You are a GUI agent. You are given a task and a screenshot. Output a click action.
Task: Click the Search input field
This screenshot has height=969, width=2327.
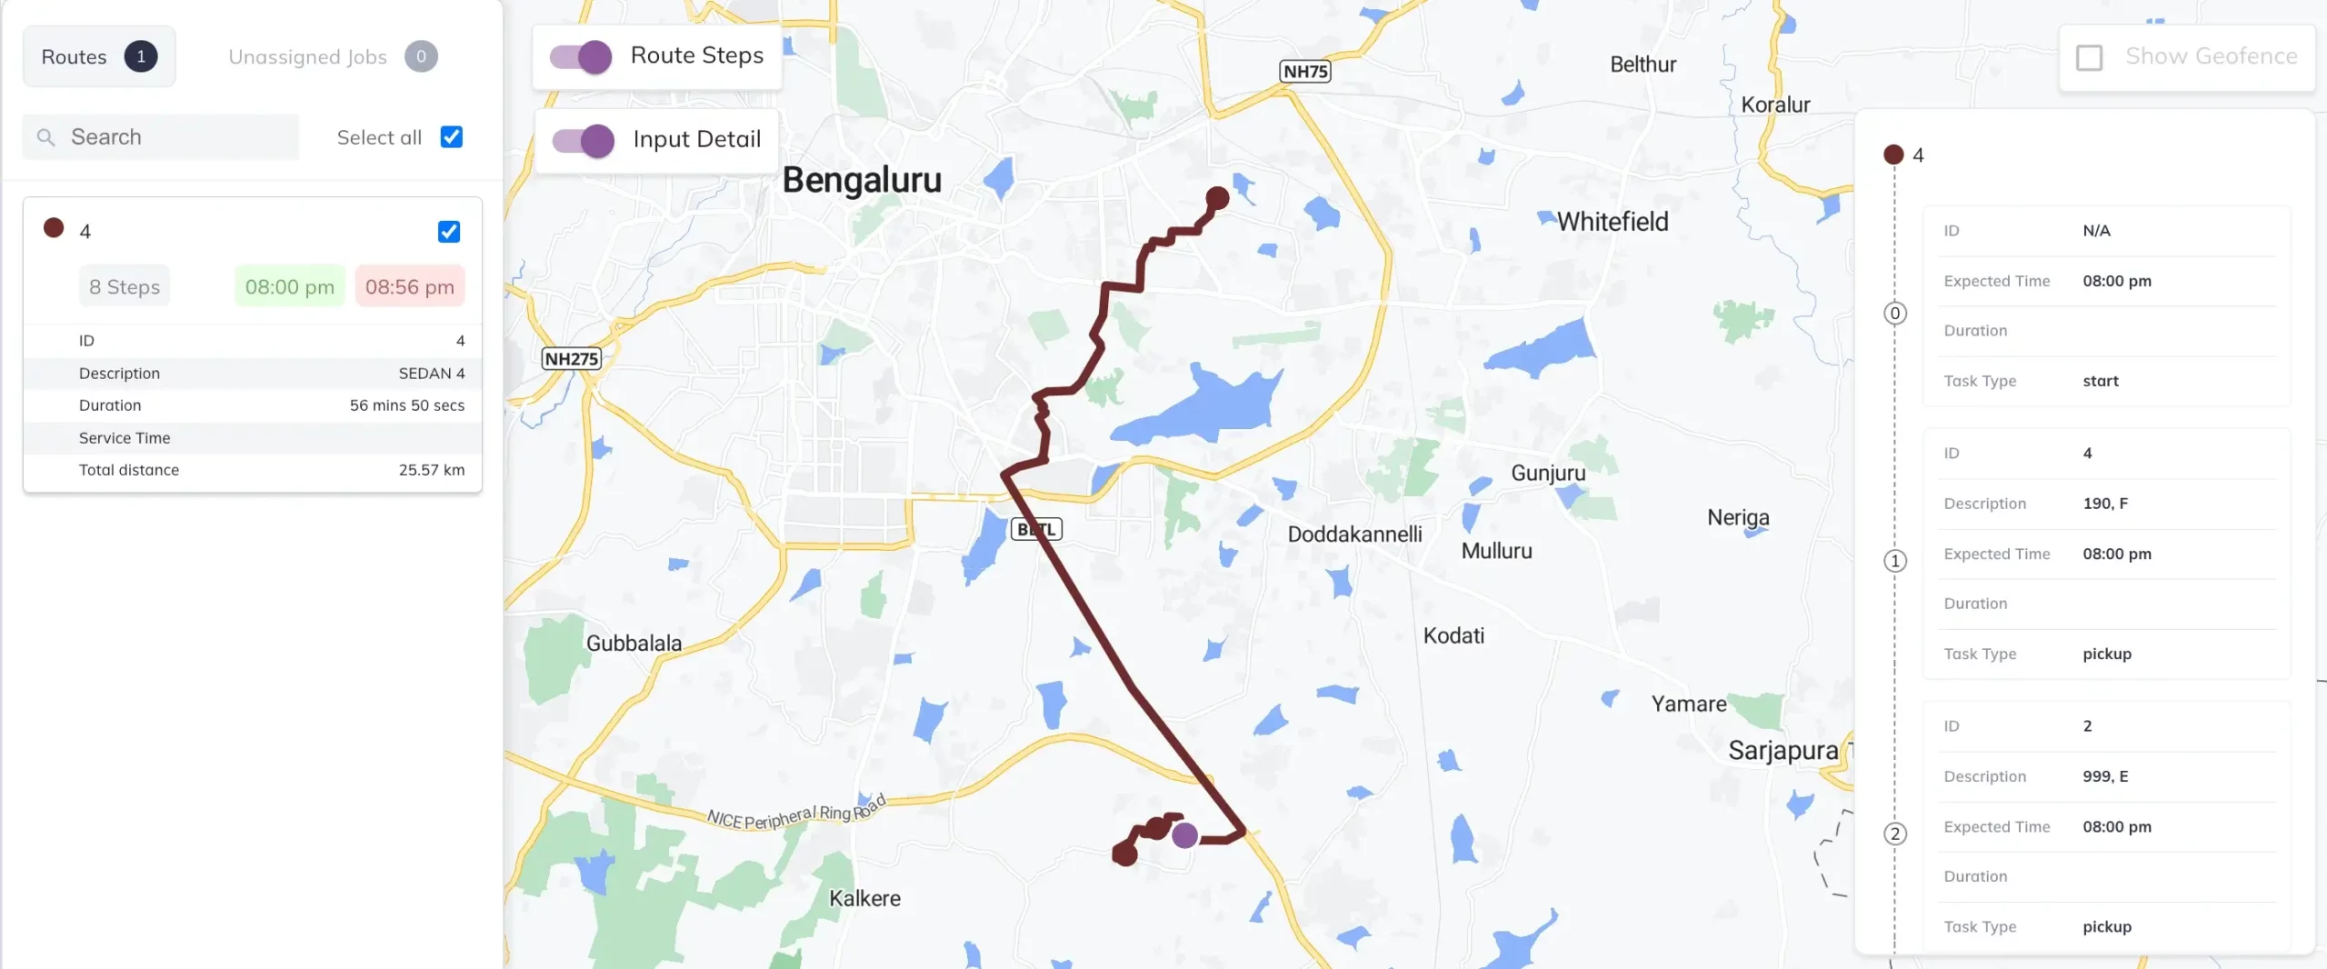pos(173,137)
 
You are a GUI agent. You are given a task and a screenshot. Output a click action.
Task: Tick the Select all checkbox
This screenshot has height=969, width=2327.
pos(451,137)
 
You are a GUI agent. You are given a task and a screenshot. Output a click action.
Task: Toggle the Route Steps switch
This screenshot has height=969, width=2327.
pos(582,56)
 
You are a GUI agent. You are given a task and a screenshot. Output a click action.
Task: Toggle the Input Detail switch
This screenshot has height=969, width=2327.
pos(584,140)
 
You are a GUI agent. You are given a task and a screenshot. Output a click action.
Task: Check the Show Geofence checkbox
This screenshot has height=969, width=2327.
pos(2089,57)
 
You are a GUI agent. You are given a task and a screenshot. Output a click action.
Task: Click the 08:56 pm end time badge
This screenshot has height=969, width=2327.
pos(409,287)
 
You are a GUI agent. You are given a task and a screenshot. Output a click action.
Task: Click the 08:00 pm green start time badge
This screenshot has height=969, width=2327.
pos(289,287)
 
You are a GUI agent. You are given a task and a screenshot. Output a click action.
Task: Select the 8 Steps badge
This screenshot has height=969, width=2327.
pos(125,287)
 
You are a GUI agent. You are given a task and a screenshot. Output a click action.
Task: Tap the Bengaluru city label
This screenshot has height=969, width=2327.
pos(862,180)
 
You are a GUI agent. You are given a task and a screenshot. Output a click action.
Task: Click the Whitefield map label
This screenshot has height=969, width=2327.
pos(1613,222)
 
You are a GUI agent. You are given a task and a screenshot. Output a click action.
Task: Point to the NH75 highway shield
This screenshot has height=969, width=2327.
pos(1305,71)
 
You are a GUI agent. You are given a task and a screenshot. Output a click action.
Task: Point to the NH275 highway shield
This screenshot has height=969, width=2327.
pos(571,359)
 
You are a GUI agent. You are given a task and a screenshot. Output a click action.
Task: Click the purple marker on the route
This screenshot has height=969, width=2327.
pos(1184,835)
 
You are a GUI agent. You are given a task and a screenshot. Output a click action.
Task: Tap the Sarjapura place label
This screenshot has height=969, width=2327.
pos(1783,751)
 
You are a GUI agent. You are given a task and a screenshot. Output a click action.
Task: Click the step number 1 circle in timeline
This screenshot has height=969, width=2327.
pos(1895,561)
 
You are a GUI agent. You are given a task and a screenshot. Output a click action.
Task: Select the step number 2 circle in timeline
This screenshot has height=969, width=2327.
pos(1895,834)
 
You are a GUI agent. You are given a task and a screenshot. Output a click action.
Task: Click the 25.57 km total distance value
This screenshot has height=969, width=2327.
pos(431,470)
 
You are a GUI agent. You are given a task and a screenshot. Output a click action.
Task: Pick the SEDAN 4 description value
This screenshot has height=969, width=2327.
pos(431,374)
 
